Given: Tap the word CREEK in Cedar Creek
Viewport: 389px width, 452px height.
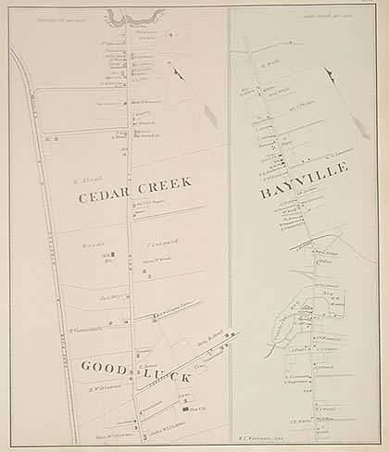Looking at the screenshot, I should pyautogui.click(x=164, y=182).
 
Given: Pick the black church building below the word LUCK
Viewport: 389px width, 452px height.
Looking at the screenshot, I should pyautogui.click(x=188, y=408).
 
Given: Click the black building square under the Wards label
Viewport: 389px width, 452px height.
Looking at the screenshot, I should pyautogui.click(x=112, y=255).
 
